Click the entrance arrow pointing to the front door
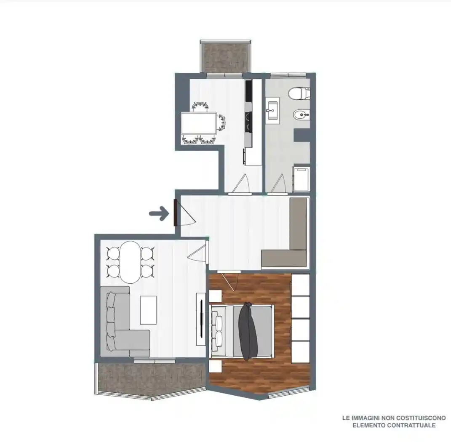159,213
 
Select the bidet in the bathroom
301,116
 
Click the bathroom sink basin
272,110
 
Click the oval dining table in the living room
130,262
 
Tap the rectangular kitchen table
199,123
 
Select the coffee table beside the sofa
148,310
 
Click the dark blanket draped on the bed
248,331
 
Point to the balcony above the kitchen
226,57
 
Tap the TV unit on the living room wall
201,319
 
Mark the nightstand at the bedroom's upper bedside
216,296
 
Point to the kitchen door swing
240,184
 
